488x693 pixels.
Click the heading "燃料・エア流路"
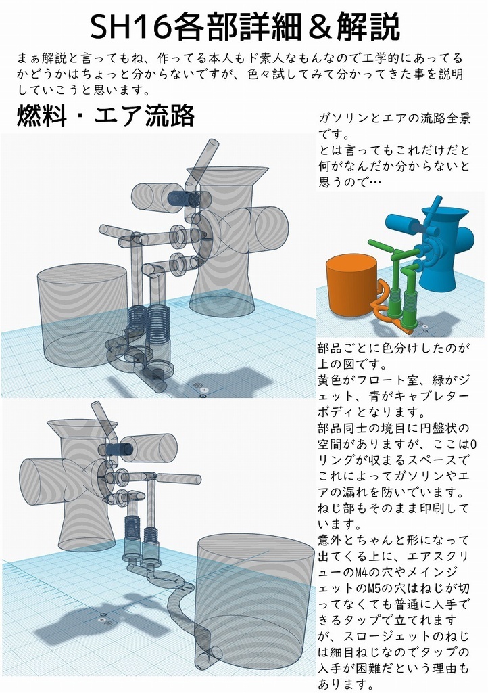tap(105, 116)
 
